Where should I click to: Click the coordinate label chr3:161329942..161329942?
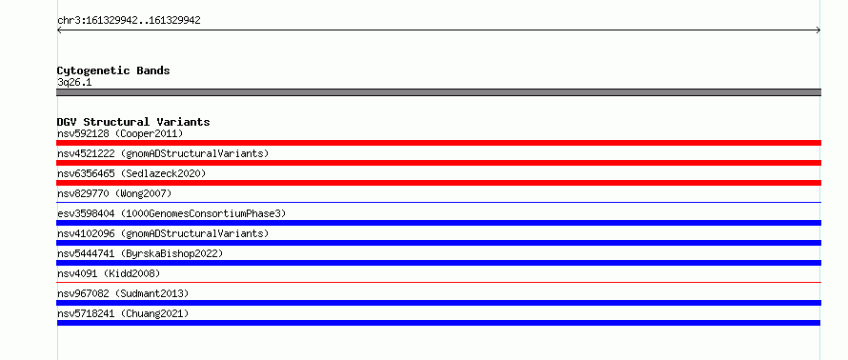pyautogui.click(x=129, y=21)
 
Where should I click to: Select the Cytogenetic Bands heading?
pyautogui.click(x=113, y=70)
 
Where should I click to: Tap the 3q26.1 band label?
pyautogui.click(x=74, y=83)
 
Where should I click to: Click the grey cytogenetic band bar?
pyautogui.click(x=438, y=92)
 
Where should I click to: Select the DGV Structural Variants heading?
pyautogui.click(x=133, y=122)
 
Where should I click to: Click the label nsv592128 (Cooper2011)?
pyautogui.click(x=120, y=133)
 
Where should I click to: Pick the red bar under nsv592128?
pyautogui.click(x=438, y=143)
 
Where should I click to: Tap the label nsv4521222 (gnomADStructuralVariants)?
pyautogui.click(x=163, y=153)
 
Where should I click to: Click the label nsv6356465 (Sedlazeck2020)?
pyautogui.click(x=131, y=173)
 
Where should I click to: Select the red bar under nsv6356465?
pyautogui.click(x=438, y=183)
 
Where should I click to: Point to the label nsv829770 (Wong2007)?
pyautogui.click(x=114, y=193)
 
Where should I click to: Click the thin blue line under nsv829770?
pyautogui.click(x=438, y=202)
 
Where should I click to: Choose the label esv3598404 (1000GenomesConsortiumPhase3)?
pyautogui.click(x=172, y=213)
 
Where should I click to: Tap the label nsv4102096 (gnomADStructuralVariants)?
pyautogui.click(x=163, y=233)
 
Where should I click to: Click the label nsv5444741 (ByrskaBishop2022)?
pyautogui.click(x=140, y=253)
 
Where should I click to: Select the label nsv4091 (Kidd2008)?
pyautogui.click(x=109, y=273)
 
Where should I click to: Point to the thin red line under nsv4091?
pyautogui.click(x=438, y=282)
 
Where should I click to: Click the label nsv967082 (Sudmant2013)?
pyautogui.click(x=123, y=293)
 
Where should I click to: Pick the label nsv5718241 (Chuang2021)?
pyautogui.click(x=123, y=313)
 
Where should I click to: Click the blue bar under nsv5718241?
pyautogui.click(x=438, y=323)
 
